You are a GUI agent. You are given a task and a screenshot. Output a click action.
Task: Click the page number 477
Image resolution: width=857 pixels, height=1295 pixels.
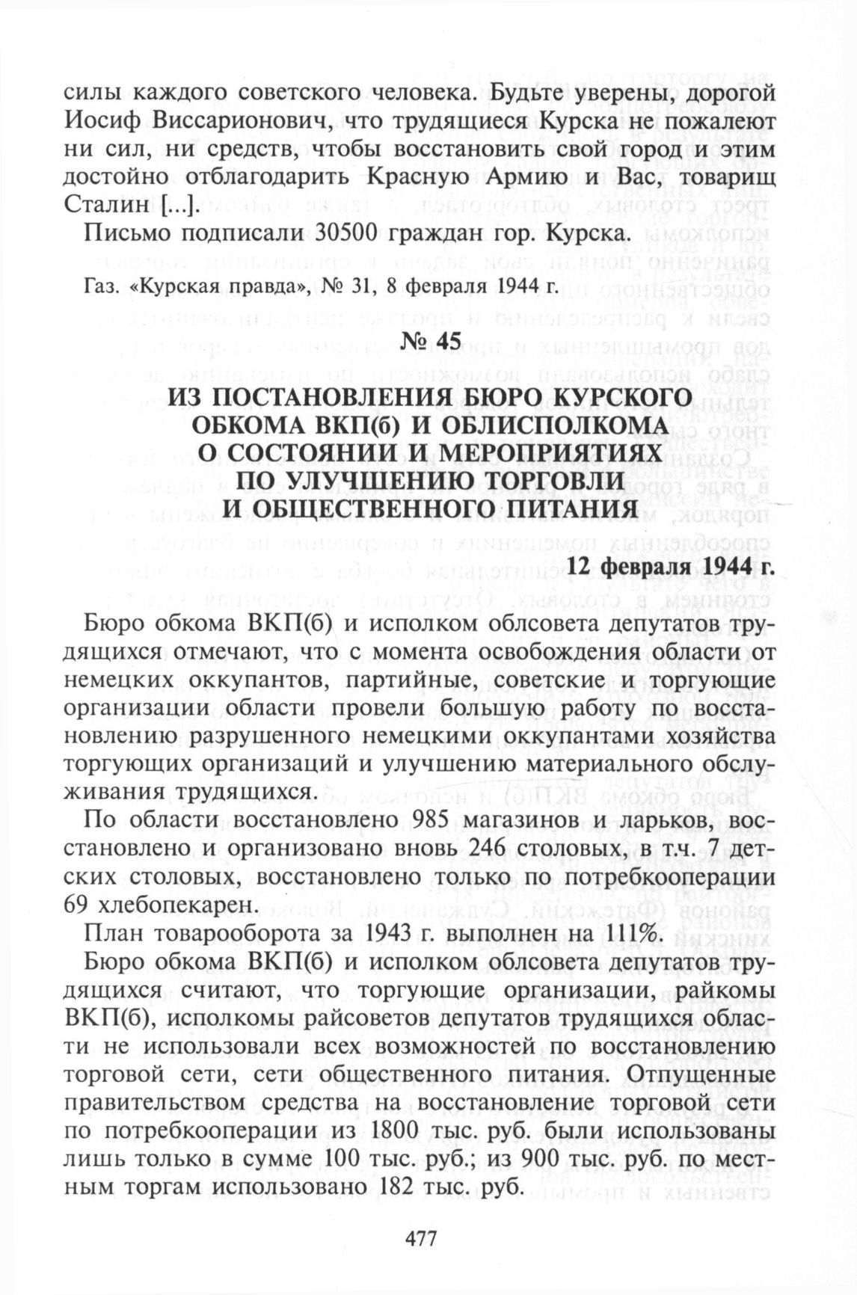coord(420,1238)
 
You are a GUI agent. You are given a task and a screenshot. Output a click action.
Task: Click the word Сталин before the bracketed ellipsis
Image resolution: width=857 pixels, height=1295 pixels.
coord(108,205)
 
